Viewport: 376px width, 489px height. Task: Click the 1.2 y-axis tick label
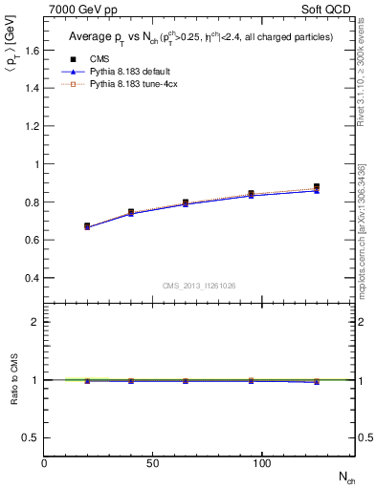(x=32, y=126)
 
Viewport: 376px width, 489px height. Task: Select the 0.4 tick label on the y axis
(x=32, y=278)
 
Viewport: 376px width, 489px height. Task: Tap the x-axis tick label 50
(x=153, y=463)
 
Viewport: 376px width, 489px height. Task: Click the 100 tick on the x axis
(x=261, y=463)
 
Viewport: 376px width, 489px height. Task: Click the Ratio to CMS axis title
(x=13, y=379)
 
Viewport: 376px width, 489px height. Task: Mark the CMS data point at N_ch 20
(x=87, y=226)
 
